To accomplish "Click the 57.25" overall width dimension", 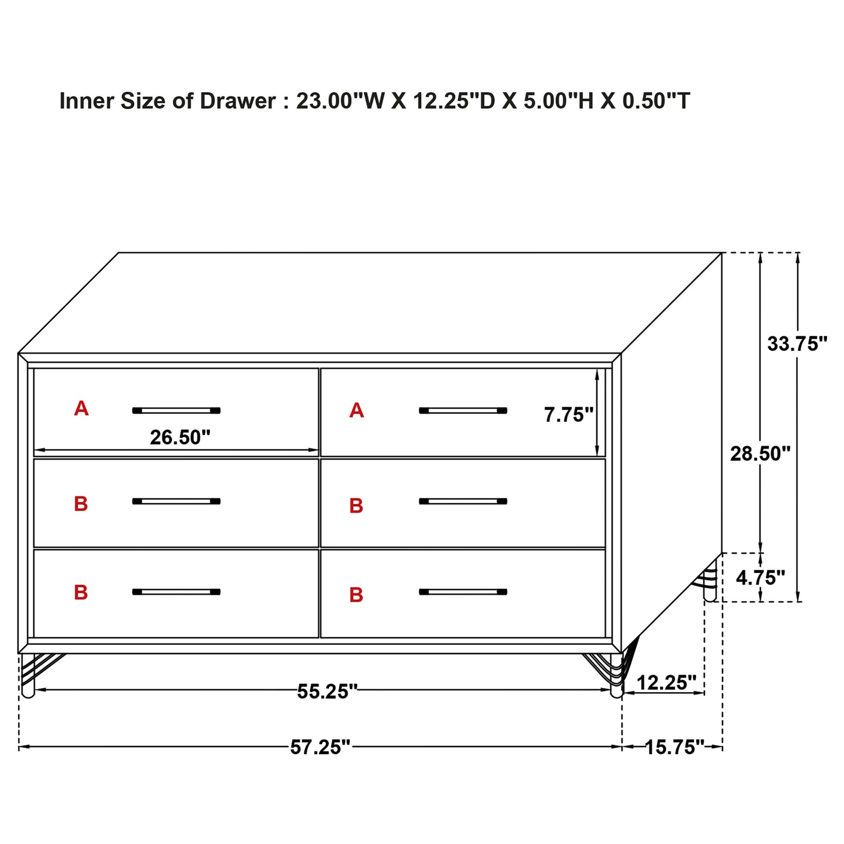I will click(320, 747).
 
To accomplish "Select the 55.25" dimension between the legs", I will click(327, 692).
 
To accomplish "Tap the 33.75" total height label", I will click(797, 344).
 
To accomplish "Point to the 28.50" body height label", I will click(760, 453).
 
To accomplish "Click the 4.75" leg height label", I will click(760, 578).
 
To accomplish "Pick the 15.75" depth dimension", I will click(674, 747).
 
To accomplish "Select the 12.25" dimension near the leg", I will click(666, 682).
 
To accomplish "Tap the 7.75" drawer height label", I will click(568, 415).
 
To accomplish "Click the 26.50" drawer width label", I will click(180, 437).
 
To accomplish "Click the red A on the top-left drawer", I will click(81, 408).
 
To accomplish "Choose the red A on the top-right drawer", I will click(356, 411).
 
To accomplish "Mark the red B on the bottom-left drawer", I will click(81, 592).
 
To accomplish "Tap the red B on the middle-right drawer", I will click(356, 506).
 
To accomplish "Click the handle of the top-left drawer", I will click(176, 411).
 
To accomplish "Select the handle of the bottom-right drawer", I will click(463, 592).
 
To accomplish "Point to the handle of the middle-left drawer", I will click(176, 501).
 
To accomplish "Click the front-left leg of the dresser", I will click(28, 678).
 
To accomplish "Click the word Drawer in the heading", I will click(237, 101).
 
